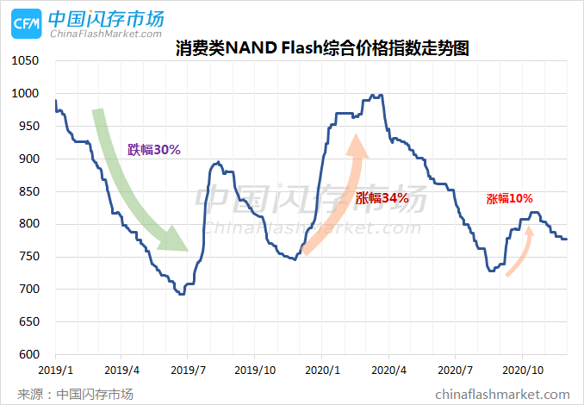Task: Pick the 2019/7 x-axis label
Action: pos(188,369)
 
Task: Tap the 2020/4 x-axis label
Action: pos(388,369)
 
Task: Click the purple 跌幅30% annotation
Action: pos(153,150)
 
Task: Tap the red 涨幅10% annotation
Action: pos(509,198)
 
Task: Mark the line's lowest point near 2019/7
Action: pos(181,294)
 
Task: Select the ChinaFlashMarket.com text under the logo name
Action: pos(106,34)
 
